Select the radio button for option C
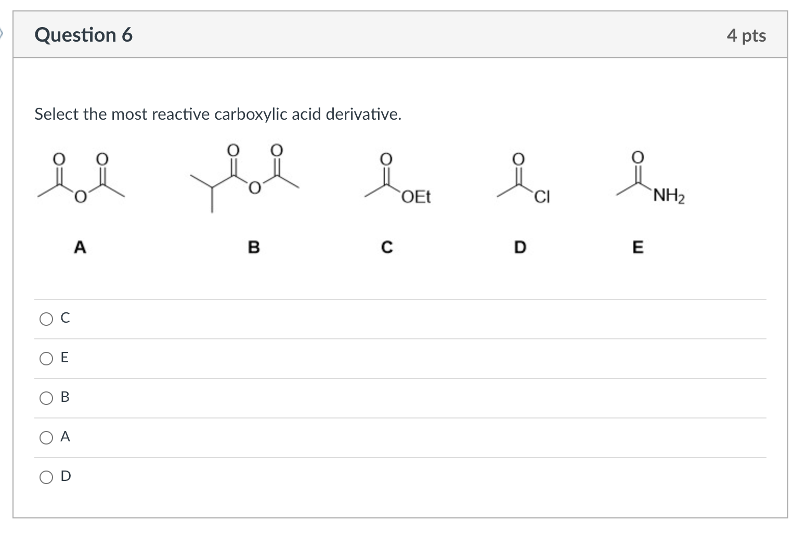pyautogui.click(x=46, y=319)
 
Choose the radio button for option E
pyautogui.click(x=46, y=358)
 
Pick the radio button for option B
pyautogui.click(x=46, y=398)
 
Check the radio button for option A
pyautogui.click(x=46, y=437)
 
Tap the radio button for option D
pyautogui.click(x=46, y=477)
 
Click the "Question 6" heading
pyautogui.click(x=83, y=35)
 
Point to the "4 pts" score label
pyautogui.click(x=746, y=35)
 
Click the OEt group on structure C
pyautogui.click(x=416, y=197)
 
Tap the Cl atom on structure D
pyautogui.click(x=542, y=197)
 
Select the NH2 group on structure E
pyautogui.click(x=669, y=196)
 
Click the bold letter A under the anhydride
pyautogui.click(x=80, y=247)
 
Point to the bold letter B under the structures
pyautogui.click(x=253, y=247)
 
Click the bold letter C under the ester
pyautogui.click(x=387, y=247)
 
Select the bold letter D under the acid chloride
pyautogui.click(x=520, y=247)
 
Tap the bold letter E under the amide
pyautogui.click(x=638, y=247)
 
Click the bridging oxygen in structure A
pyautogui.click(x=80, y=197)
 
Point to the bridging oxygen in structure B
pyautogui.click(x=254, y=188)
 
